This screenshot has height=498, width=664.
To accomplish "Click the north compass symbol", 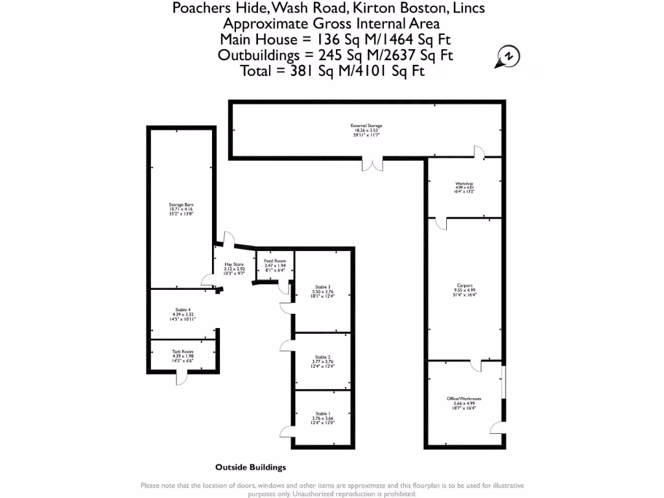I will (508, 57).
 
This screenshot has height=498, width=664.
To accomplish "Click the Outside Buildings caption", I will (250, 467).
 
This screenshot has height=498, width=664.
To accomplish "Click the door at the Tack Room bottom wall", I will (184, 376).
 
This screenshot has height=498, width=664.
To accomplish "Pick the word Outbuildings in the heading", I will (259, 55).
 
